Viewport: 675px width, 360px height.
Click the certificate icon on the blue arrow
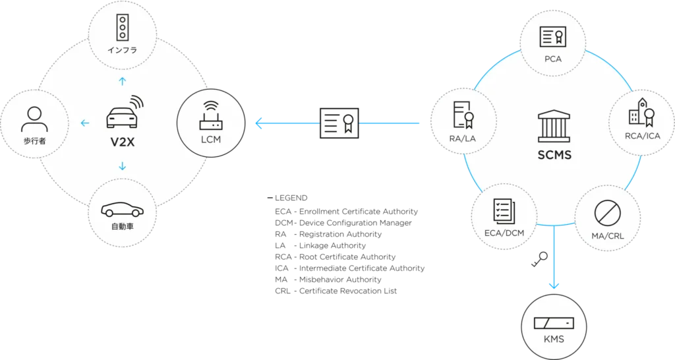point(339,123)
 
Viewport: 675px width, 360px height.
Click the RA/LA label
point(461,139)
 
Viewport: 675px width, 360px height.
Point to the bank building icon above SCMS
point(553,125)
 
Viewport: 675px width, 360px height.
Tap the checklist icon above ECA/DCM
point(504,211)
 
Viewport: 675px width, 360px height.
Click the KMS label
point(554,340)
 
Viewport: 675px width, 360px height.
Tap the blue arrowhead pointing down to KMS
point(554,285)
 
